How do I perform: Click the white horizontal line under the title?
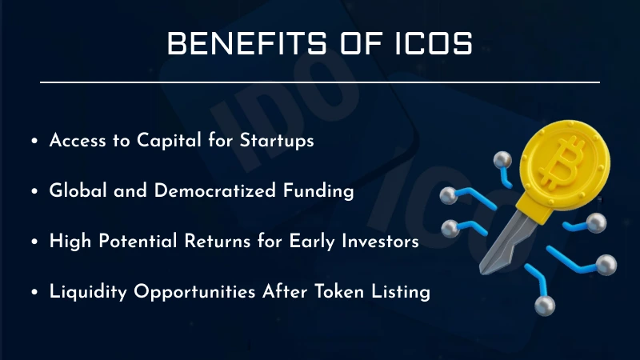tap(320, 82)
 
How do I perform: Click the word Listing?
tap(398, 292)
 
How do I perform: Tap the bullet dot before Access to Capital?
tap(34, 141)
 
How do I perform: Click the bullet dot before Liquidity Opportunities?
tap(34, 293)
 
